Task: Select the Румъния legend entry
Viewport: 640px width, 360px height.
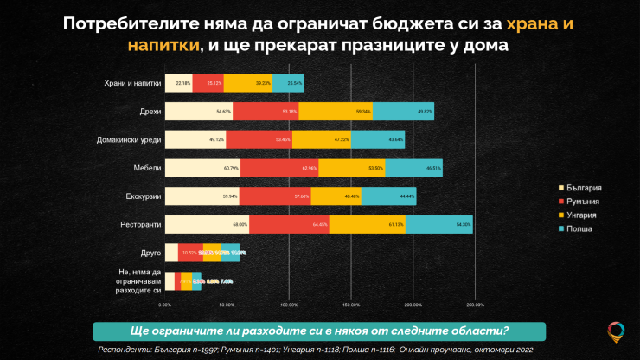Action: pyautogui.click(x=583, y=201)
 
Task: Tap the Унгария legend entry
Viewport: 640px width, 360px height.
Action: pyautogui.click(x=583, y=215)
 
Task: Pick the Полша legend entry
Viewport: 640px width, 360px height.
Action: pyautogui.click(x=581, y=228)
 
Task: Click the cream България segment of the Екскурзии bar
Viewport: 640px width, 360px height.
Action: pyautogui.click(x=202, y=196)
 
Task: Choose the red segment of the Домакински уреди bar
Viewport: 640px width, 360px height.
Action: pyautogui.click(x=262, y=140)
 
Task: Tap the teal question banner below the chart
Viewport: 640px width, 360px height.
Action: pyautogui.click(x=318, y=332)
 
